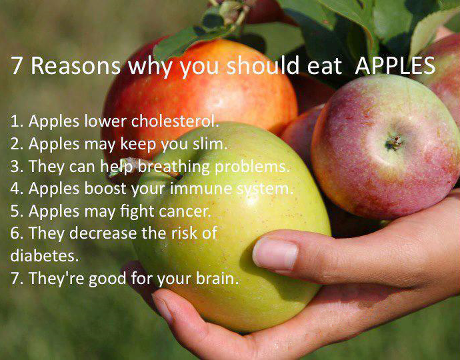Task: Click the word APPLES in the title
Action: click(395, 65)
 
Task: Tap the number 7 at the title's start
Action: click(17, 65)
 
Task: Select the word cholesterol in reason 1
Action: click(175, 121)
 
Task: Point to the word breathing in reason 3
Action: click(173, 167)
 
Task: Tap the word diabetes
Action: click(45, 255)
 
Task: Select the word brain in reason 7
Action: click(217, 277)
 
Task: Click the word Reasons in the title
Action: click(76, 65)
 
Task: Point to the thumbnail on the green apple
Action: click(275, 254)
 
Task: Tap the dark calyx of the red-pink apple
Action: click(394, 142)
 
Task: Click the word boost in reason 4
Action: click(105, 189)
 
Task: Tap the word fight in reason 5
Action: click(137, 212)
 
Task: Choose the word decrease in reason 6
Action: click(103, 233)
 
